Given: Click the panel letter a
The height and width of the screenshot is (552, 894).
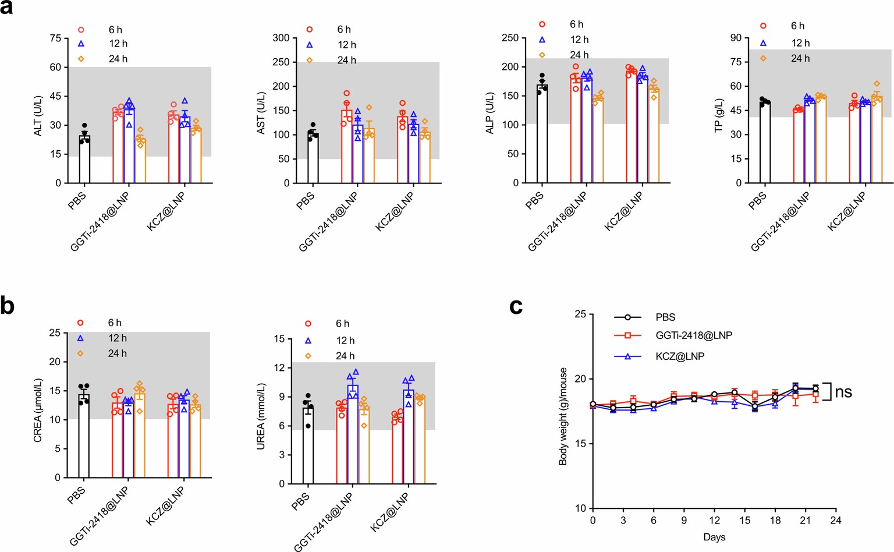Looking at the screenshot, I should tap(6, 8).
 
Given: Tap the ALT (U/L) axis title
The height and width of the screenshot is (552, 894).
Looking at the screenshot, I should tap(38, 116).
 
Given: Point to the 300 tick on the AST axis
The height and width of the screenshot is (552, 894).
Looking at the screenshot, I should tap(281, 38).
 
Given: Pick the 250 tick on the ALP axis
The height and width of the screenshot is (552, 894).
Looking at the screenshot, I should tap(510, 38).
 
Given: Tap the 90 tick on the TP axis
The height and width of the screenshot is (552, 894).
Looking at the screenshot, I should tap(736, 38).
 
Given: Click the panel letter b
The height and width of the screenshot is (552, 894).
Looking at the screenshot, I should tap(7, 305).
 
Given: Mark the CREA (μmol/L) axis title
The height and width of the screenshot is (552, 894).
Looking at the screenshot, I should tap(38, 410).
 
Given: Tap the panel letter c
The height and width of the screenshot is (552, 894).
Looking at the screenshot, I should tap(516, 306).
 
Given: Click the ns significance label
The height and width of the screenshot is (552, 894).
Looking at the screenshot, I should tap(843, 392).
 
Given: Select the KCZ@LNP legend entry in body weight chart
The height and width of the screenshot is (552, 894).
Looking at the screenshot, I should tap(680, 356).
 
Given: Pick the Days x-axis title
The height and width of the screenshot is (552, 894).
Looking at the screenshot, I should tap(714, 537).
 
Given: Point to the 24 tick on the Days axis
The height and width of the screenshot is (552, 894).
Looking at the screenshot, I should tap(836, 520).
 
